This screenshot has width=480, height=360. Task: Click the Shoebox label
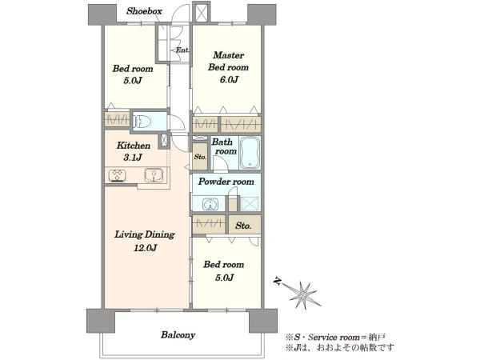pos(144,11)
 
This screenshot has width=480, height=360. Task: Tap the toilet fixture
pos(143,122)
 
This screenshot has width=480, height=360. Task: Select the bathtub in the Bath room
pos(250,153)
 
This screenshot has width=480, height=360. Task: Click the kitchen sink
pos(154,176)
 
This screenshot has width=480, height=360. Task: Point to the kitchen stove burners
pos(118,176)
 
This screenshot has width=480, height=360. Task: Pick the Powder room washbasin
pos(210,204)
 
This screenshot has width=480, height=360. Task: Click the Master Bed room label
pos(228,62)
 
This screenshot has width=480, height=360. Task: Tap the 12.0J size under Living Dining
pos(145,248)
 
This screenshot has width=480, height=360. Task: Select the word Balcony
pos(178,335)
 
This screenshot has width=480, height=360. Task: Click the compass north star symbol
pos(304,294)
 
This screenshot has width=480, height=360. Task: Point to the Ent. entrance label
pos(182,50)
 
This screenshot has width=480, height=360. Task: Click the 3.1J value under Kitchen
pos(133,158)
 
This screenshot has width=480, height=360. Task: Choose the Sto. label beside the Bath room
pos(200,157)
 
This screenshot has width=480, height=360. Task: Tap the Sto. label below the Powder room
pos(243,226)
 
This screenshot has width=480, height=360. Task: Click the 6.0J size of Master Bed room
pos(229,80)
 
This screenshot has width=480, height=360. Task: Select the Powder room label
pos(226,182)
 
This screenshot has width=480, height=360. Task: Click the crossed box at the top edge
pos(201,12)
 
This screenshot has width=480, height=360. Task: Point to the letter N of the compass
pos(278,282)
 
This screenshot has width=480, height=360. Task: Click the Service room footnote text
pos(335,338)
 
